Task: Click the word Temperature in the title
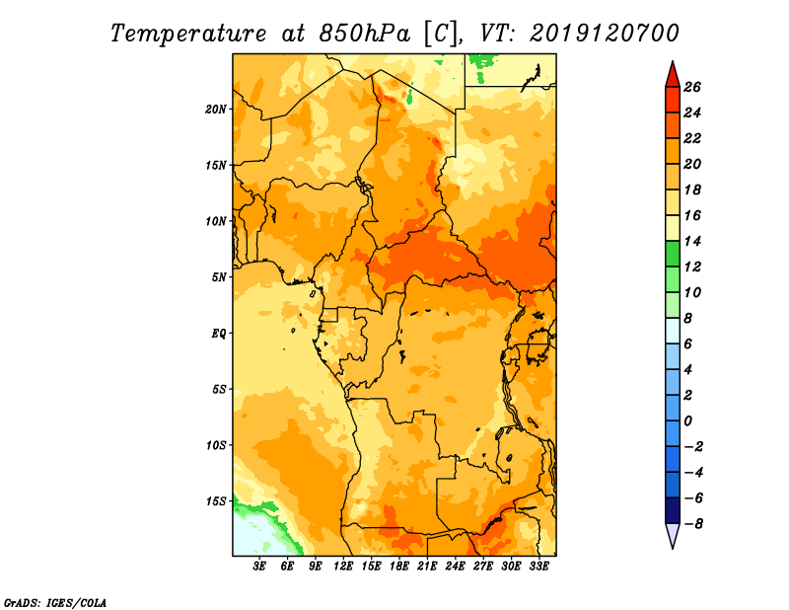[x=187, y=34]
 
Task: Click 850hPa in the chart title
[x=364, y=34]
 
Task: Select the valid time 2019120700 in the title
[x=605, y=34]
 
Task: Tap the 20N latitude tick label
[x=216, y=110]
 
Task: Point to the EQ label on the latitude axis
[x=218, y=334]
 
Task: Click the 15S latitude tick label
[x=216, y=501]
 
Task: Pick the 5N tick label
[x=219, y=277]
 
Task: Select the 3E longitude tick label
[x=259, y=566]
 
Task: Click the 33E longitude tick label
[x=538, y=566]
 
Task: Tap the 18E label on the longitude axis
[x=399, y=566]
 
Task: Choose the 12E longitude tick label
[x=343, y=566]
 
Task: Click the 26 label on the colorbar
[x=692, y=87]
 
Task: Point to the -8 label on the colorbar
[x=693, y=524]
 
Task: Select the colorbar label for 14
[x=692, y=241]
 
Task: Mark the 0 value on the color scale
[x=687, y=421]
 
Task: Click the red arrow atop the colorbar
[x=673, y=75]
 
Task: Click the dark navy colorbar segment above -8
[x=673, y=510]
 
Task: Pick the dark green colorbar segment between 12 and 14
[x=673, y=254]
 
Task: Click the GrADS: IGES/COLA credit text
[x=55, y=603]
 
